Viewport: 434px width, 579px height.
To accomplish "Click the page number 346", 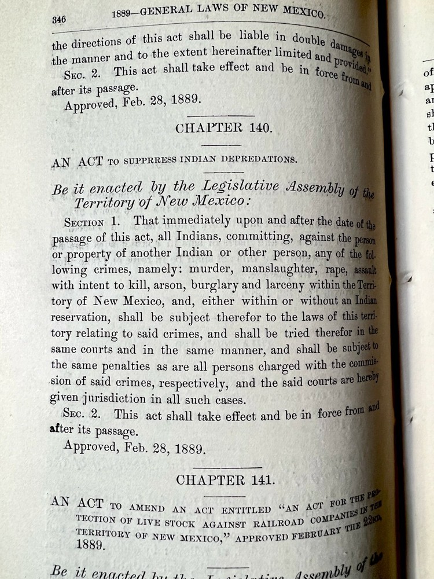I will [58, 19].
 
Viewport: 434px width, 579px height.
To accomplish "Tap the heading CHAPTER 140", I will [223, 128].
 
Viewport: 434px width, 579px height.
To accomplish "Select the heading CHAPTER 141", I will [223, 479].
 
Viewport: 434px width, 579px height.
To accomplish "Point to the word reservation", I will [81, 318].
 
